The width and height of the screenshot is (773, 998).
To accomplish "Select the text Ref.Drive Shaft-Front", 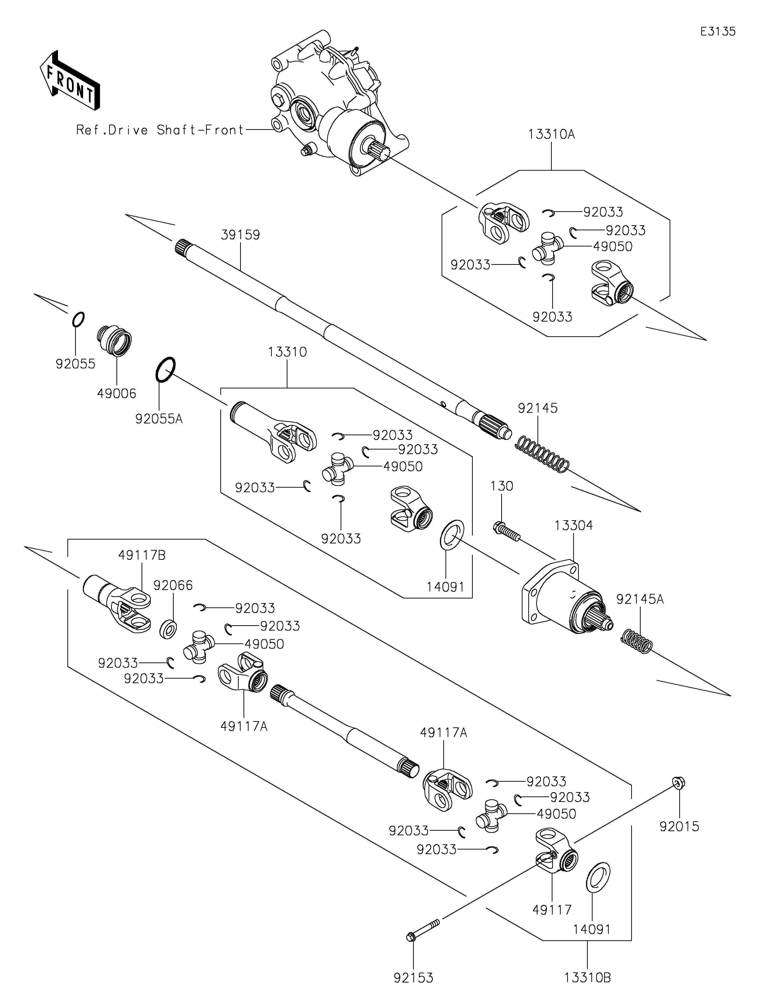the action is click(160, 130).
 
